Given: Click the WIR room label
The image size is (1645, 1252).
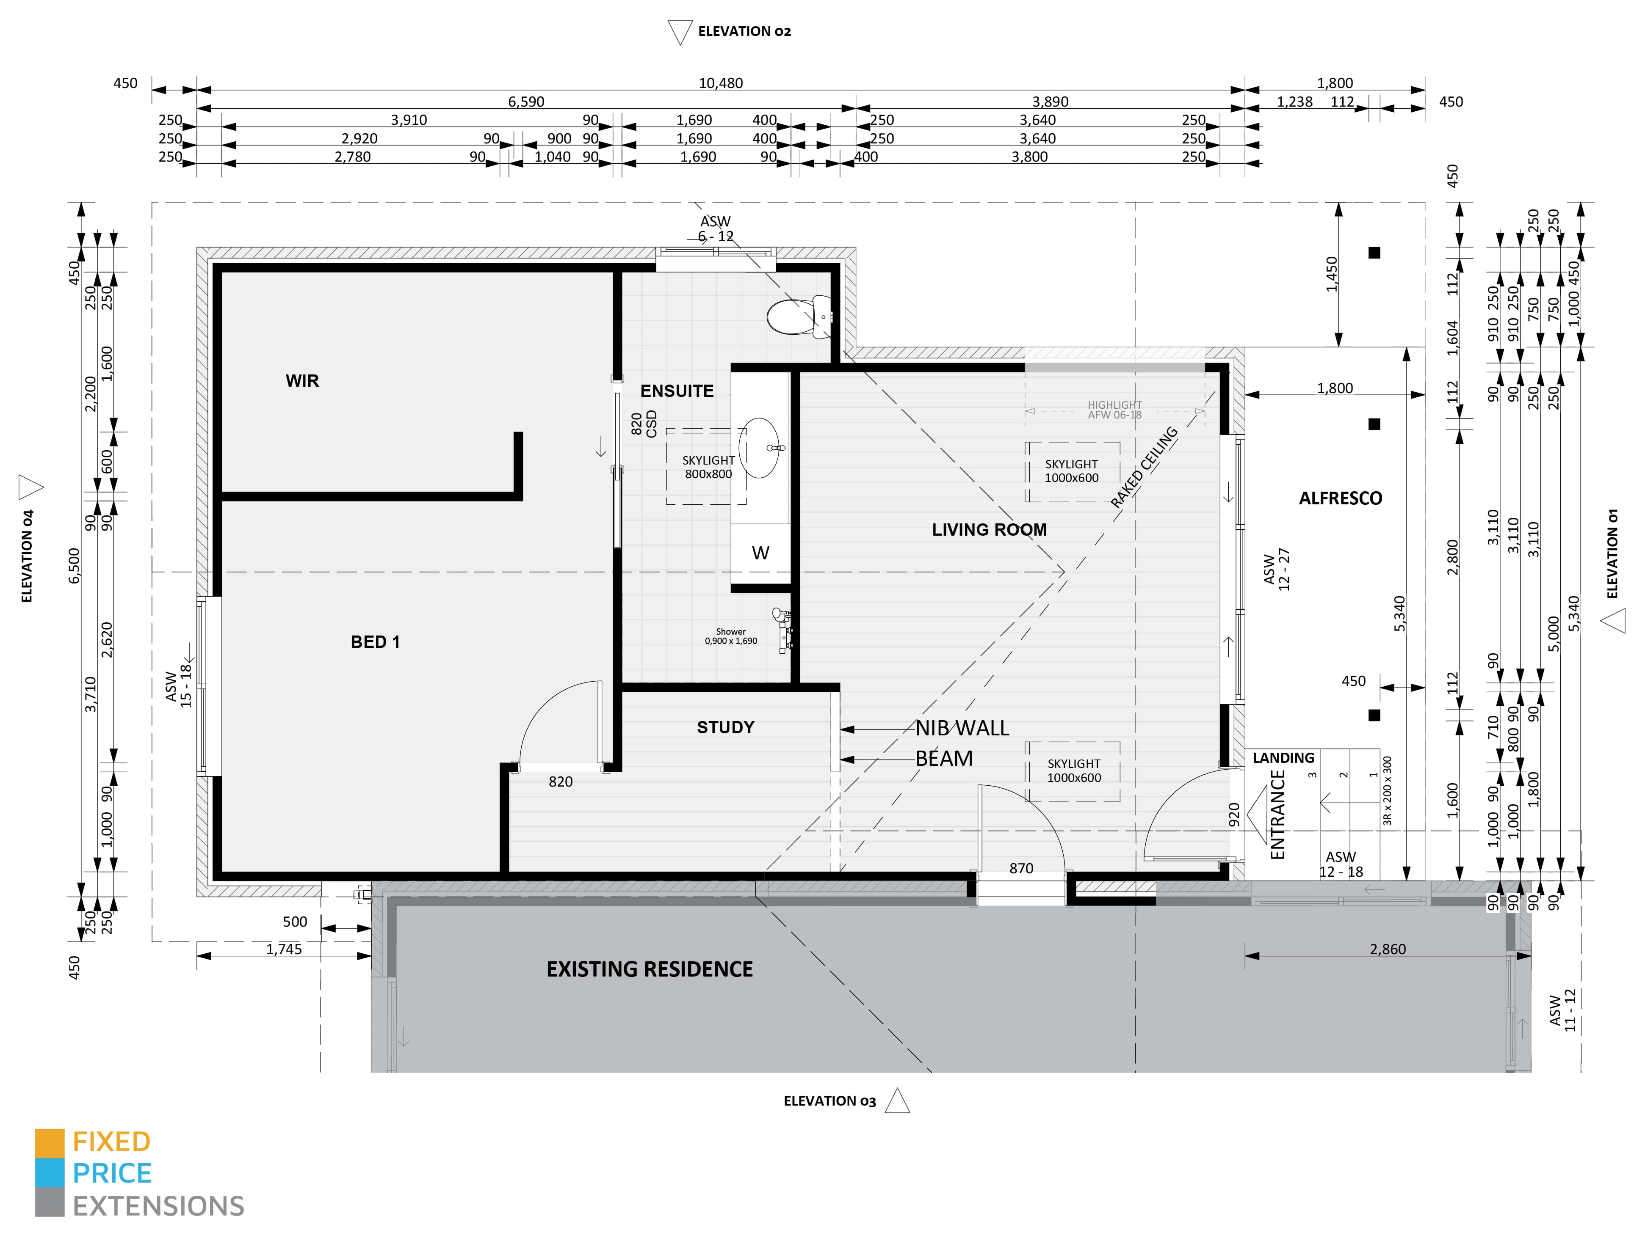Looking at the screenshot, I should coord(302,381).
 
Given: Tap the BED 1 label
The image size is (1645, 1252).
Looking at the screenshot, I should coord(375,641).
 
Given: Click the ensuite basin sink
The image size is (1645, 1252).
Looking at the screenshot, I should coord(759,447).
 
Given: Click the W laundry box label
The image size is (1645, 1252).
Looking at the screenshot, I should coord(760,553).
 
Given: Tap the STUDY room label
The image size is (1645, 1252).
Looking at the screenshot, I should coord(725,727).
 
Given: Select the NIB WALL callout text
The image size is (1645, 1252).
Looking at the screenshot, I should coord(962,728).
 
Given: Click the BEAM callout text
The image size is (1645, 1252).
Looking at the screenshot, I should coord(944,759).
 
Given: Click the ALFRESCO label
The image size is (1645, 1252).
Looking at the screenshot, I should coord(1340,498).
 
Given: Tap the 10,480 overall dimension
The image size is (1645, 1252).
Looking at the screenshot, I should coord(720,83).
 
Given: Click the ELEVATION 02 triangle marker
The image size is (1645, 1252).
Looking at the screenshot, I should coord(679,33).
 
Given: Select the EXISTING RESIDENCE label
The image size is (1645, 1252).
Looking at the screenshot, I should coord(650,969).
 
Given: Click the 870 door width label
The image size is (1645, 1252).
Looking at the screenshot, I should coord(1021,868).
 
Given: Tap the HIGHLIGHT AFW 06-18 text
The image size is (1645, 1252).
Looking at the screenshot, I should coord(1114,410).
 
